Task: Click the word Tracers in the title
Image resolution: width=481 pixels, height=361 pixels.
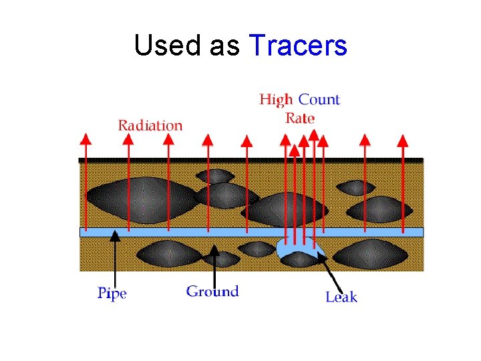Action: click(298, 46)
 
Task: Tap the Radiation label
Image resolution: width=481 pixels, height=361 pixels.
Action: click(150, 125)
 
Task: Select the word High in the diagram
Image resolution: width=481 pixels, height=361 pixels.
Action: click(276, 100)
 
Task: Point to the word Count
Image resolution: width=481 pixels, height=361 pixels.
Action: click(319, 100)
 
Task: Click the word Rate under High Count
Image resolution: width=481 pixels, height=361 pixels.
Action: click(300, 118)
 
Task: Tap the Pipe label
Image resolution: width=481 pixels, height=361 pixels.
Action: click(112, 293)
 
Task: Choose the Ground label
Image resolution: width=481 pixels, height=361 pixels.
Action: click(212, 291)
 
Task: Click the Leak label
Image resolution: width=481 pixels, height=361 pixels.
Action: click(341, 296)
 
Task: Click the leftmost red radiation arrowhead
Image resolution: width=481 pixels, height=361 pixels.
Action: click(85, 138)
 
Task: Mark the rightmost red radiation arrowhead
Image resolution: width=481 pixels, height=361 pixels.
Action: click(402, 140)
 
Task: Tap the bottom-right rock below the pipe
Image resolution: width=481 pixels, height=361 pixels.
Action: click(370, 254)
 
